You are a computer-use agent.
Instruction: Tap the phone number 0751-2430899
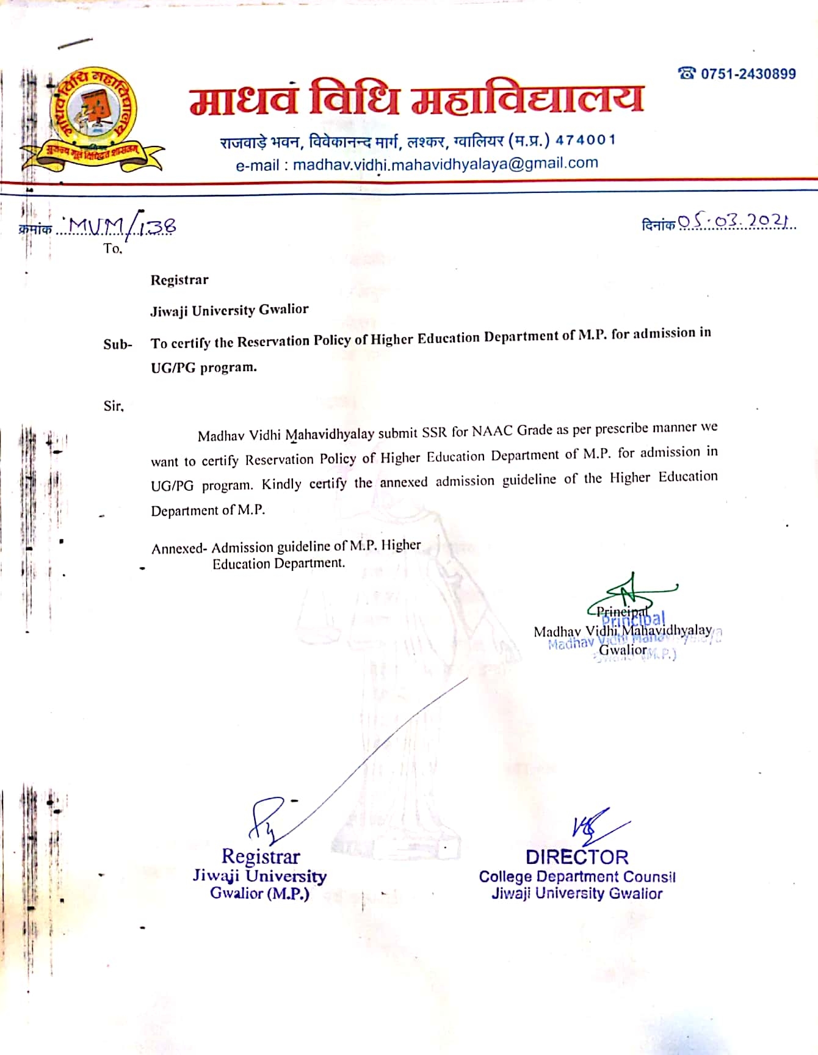tap(748, 74)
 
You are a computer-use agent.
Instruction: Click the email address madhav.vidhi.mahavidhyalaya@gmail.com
tap(445, 164)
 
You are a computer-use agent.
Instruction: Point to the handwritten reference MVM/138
tap(122, 227)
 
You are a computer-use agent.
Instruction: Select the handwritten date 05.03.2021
tap(736, 221)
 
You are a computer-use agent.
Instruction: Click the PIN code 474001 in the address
tap(585, 140)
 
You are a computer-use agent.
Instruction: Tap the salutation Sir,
tap(114, 406)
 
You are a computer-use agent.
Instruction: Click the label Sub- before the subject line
tap(117, 344)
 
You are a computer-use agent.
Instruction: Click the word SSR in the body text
tap(435, 433)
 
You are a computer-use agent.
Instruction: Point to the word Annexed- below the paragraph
tap(179, 548)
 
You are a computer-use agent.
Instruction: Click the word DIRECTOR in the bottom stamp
tap(577, 857)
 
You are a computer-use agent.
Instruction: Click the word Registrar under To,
tap(179, 280)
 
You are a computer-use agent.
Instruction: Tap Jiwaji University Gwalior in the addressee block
tap(229, 310)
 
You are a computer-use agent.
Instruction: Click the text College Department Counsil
tap(577, 877)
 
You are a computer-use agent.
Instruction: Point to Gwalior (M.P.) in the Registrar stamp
tap(259, 893)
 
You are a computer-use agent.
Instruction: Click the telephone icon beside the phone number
tap(687, 74)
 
